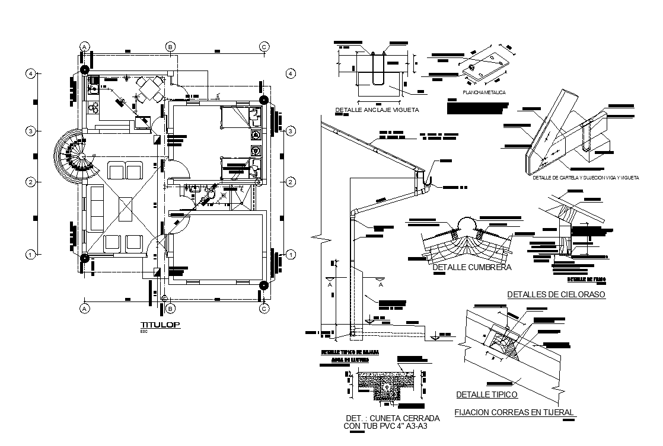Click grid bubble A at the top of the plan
[x=85, y=46]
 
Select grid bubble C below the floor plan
[x=264, y=309]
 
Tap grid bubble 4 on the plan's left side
[x=30, y=73]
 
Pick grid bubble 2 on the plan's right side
[x=291, y=182]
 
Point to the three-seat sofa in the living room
[x=97, y=207]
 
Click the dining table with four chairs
[x=146, y=90]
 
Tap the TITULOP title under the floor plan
[x=160, y=325]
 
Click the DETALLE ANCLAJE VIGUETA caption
[x=377, y=110]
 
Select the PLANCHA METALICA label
[x=484, y=92]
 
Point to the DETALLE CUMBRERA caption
[x=472, y=268]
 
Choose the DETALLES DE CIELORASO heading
[x=556, y=294]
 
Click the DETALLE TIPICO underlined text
[x=486, y=394]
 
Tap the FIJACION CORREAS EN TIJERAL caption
[x=514, y=412]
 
